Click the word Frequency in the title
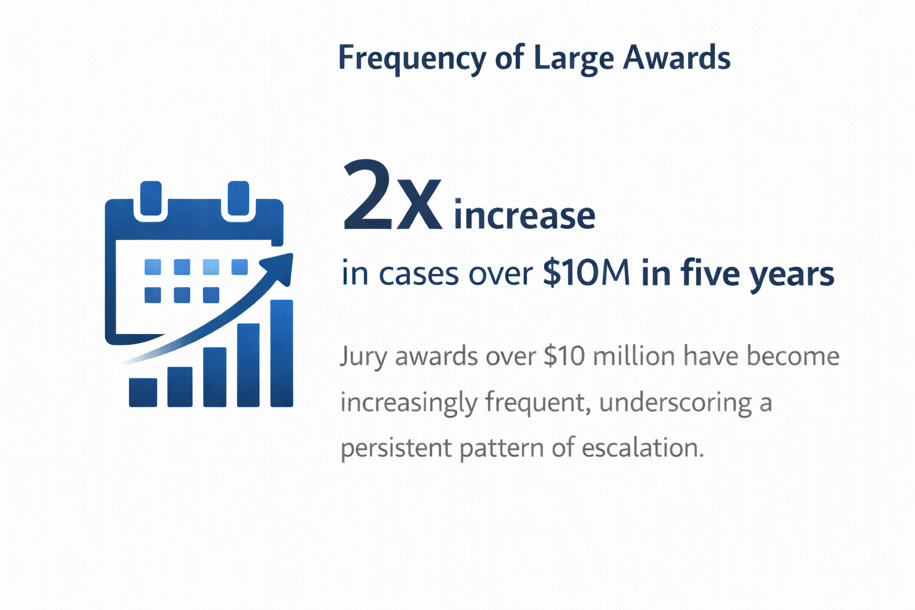coord(412,59)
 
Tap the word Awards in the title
coord(677,58)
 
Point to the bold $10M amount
coord(586,272)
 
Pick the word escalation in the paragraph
coord(643,447)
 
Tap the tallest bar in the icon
coord(282,353)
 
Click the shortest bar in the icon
coord(143,392)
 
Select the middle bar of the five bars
coord(214,376)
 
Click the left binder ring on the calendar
coord(151,198)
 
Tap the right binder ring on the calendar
coord(238,198)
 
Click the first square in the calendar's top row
coord(152,267)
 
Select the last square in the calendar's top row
coord(239,267)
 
